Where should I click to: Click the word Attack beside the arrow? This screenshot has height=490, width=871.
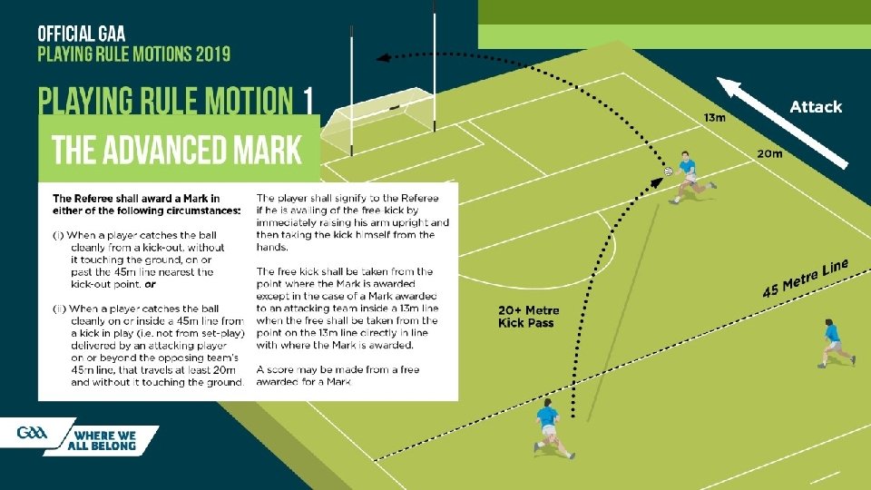[x=816, y=107]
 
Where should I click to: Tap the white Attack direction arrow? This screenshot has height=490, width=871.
[x=782, y=122]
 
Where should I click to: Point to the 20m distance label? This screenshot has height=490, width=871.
[x=769, y=153]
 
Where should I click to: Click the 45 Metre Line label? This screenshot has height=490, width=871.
[x=805, y=279]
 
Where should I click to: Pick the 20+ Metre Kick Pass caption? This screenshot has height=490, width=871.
[x=529, y=317]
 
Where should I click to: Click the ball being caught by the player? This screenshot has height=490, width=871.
[x=668, y=171]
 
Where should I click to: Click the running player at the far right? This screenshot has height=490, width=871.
[x=833, y=343]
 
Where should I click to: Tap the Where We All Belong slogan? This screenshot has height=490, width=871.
[x=103, y=439]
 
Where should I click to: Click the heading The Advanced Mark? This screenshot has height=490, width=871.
[x=177, y=149]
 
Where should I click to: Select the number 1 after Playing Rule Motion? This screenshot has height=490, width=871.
[x=308, y=99]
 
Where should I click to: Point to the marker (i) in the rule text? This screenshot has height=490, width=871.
[x=59, y=236]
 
